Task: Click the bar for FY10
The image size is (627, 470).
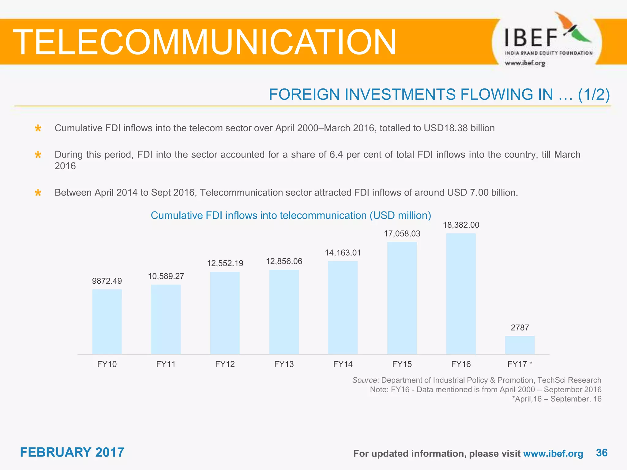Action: click(107, 322)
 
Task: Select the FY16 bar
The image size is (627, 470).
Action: click(461, 294)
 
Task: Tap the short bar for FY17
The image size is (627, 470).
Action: click(520, 345)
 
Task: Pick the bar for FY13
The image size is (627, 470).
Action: click(284, 312)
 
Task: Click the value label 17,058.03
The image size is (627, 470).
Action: click(402, 234)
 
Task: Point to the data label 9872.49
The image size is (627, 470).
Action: click(107, 281)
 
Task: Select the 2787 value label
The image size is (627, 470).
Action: click(520, 328)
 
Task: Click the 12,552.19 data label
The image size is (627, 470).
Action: click(225, 263)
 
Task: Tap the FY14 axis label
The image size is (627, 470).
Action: click(343, 364)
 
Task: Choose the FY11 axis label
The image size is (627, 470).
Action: click(166, 364)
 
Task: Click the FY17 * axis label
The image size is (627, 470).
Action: click(520, 364)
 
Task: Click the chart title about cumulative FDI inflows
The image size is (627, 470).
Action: click(291, 215)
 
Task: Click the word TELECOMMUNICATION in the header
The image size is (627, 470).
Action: click(205, 42)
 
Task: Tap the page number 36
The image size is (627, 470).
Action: click(602, 453)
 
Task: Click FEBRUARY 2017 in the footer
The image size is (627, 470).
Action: click(72, 452)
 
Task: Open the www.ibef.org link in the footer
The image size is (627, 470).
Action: click(553, 453)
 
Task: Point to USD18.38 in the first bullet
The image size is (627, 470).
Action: click(445, 128)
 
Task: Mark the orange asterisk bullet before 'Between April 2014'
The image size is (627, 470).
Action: click(38, 193)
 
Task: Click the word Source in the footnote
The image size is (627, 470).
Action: click(364, 380)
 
